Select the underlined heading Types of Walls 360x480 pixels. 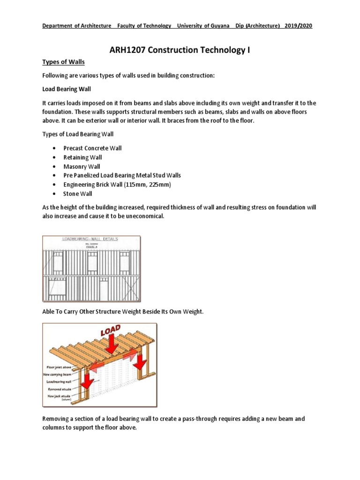point(63,62)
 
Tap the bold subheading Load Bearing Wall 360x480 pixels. point(67,89)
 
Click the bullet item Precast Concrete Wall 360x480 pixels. point(92,148)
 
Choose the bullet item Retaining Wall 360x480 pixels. point(82,157)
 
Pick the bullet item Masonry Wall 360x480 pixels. point(82,166)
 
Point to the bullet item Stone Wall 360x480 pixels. point(78,194)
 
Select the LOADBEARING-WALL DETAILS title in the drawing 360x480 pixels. point(90,239)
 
